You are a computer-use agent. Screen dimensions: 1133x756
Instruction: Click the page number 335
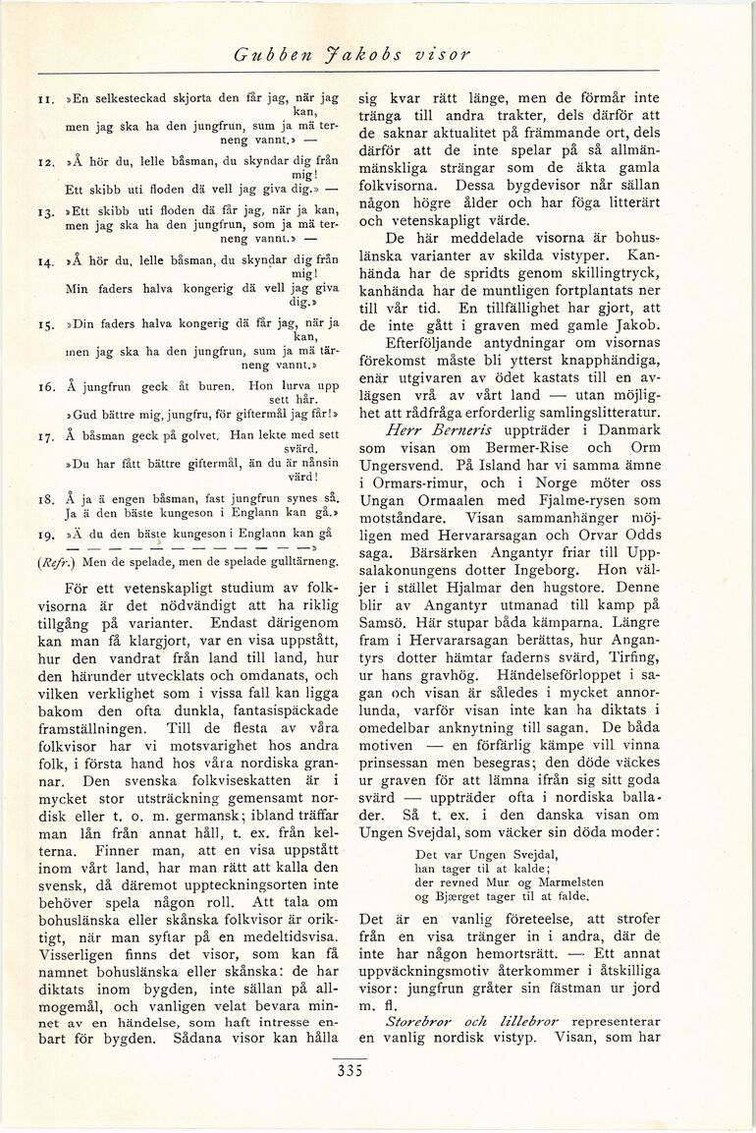tap(349, 1071)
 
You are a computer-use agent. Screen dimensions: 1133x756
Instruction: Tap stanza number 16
tap(45, 388)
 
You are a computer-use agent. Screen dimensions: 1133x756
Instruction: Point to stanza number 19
tap(45, 534)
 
